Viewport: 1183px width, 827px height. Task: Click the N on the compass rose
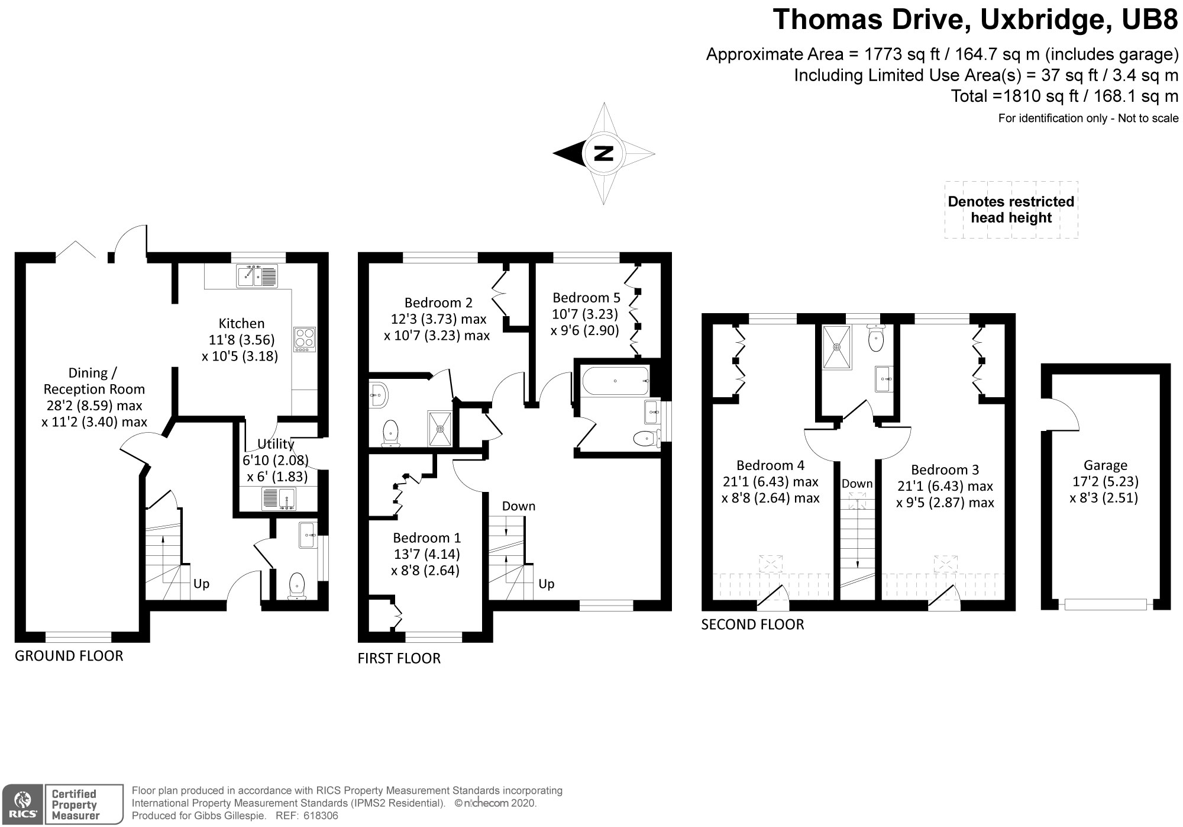(603, 153)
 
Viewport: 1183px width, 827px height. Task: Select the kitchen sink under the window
(257, 276)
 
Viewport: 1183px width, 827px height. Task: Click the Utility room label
(276, 444)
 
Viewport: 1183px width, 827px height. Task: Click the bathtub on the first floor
(615, 381)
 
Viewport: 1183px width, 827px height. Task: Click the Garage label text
(1105, 465)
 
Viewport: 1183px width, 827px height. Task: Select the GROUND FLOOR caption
(69, 656)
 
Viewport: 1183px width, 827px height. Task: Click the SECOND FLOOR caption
(752, 625)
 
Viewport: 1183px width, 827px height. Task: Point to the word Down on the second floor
(857, 484)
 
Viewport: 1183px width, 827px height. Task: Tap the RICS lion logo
(22, 804)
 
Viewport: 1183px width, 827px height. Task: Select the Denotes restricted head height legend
(1011, 210)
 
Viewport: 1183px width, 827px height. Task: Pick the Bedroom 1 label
(426, 538)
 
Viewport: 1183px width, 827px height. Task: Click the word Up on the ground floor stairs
(202, 584)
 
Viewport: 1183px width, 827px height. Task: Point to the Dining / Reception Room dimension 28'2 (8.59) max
(94, 406)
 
